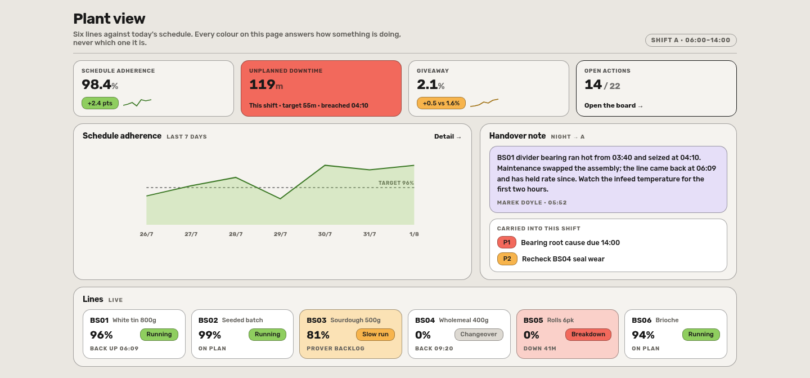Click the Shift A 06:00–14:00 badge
tap(691, 40)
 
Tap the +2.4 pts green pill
tap(100, 103)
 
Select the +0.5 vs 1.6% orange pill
tap(441, 103)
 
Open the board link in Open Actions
tap(614, 106)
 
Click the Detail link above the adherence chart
tap(448, 136)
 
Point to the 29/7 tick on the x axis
tap(280, 234)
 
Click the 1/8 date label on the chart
tap(414, 234)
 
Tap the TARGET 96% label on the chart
tap(396, 183)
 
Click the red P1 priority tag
tap(507, 243)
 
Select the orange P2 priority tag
tap(507, 259)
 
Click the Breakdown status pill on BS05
tap(588, 335)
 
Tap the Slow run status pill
tap(375, 335)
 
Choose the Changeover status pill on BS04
tap(479, 335)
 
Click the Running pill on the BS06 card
tap(701, 335)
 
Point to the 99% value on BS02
tap(210, 335)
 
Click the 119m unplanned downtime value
tap(266, 85)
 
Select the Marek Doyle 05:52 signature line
tap(532, 203)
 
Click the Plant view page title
tap(109, 19)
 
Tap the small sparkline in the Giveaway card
tap(484, 103)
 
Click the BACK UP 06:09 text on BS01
tap(114, 349)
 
